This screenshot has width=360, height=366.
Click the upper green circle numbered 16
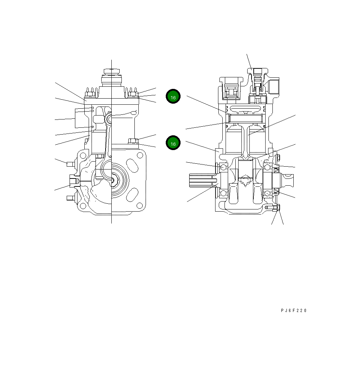173,96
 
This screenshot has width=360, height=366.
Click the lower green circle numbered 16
173,143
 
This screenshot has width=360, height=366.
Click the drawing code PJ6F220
294,311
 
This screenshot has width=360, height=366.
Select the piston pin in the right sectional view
245,118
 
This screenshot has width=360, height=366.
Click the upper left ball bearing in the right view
223,167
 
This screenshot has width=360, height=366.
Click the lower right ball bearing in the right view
268,194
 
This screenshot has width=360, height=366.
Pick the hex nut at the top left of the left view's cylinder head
88,95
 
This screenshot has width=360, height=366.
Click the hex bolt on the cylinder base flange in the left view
132,141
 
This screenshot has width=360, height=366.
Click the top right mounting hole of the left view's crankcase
139,155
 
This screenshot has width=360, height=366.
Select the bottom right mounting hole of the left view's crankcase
139,205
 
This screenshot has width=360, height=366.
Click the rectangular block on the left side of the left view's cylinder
79,118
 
